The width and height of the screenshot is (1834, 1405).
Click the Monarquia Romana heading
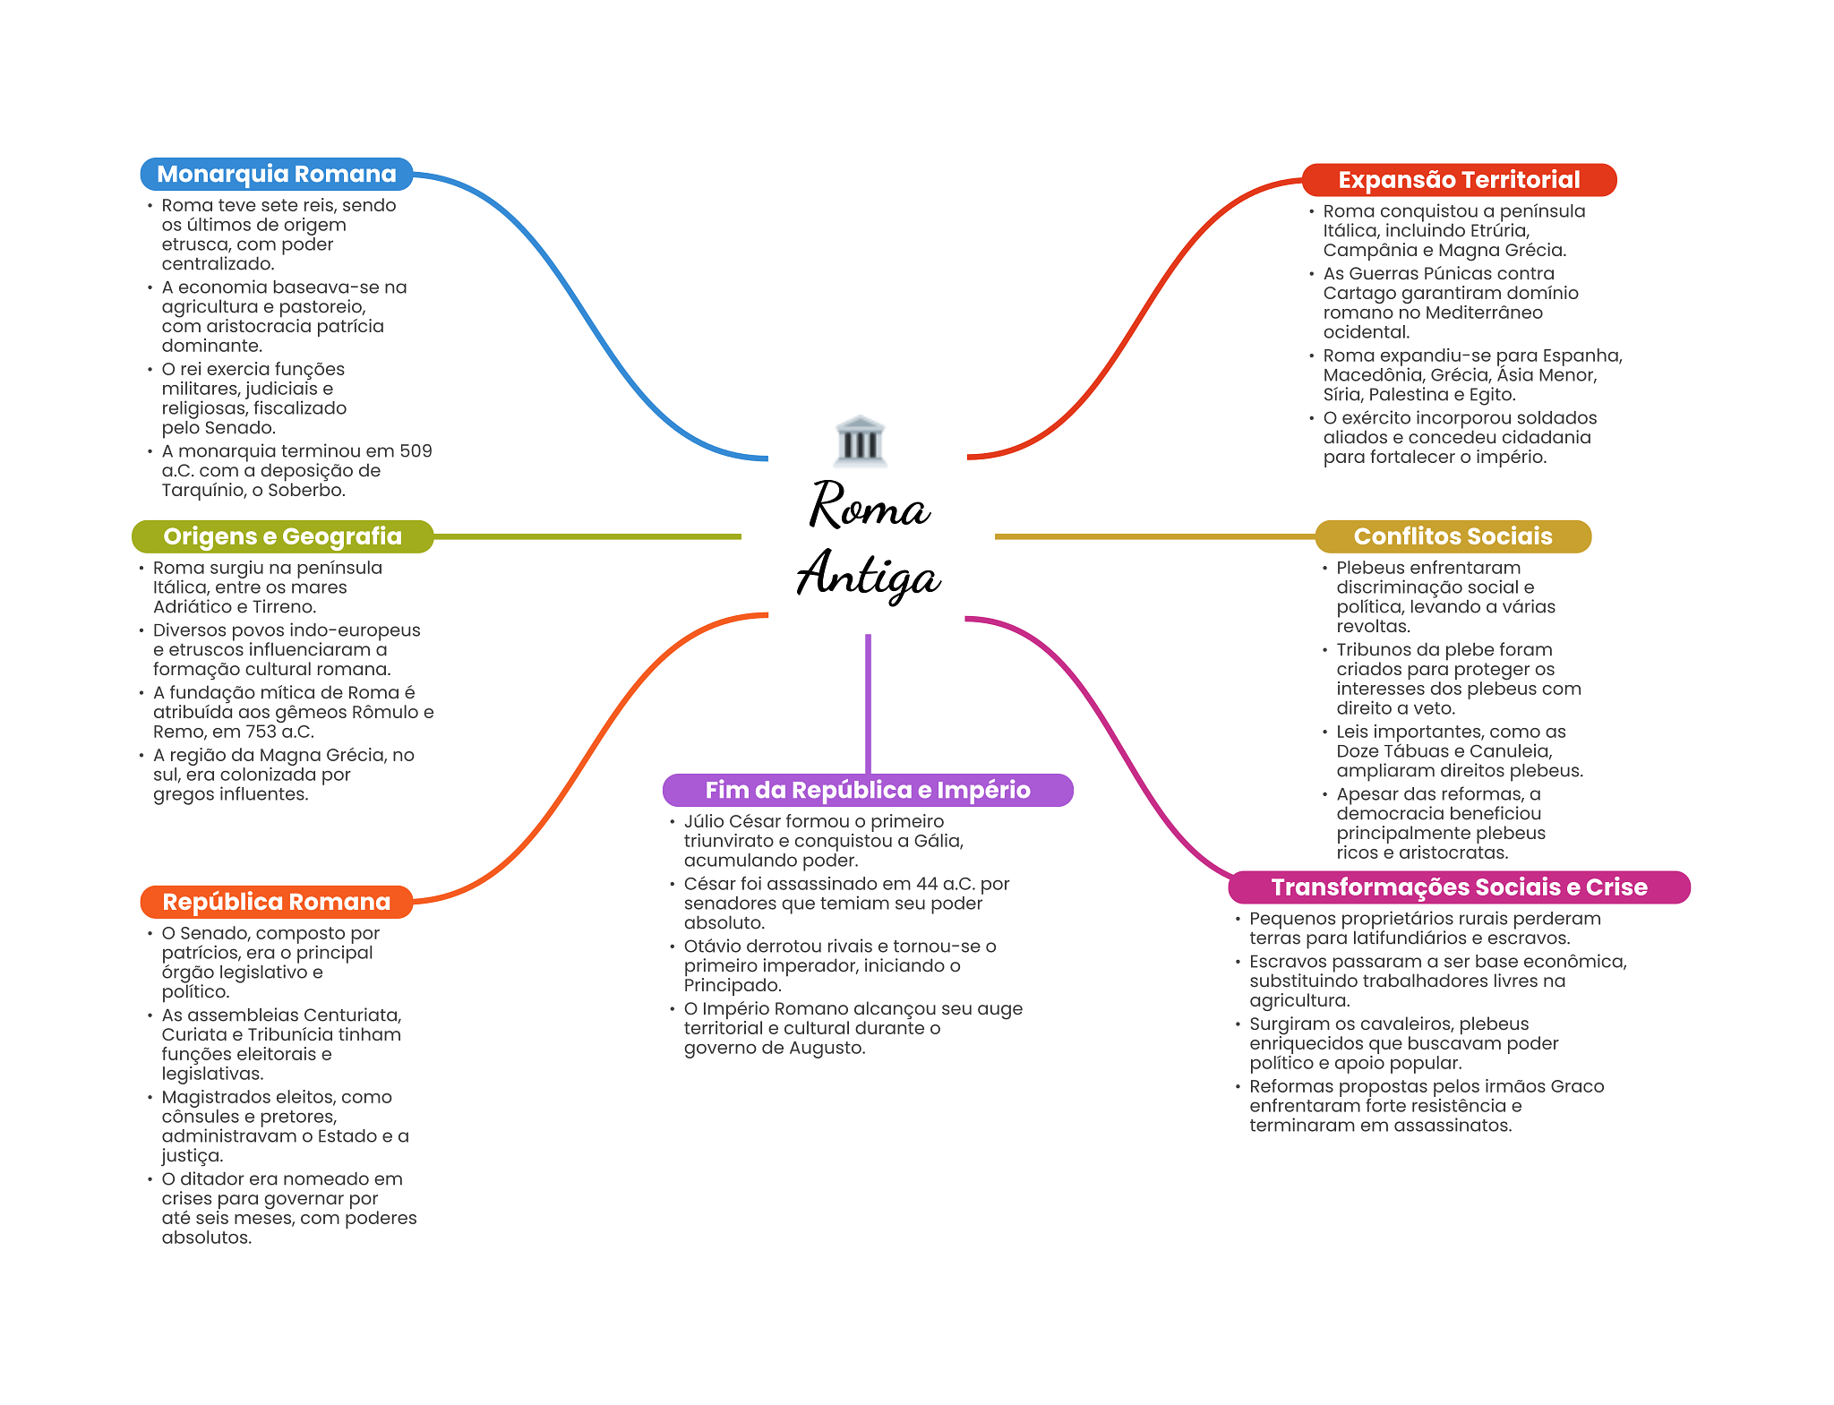(277, 174)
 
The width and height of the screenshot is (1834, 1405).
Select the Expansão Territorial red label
(1459, 180)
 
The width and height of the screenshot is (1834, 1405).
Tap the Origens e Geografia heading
(282, 536)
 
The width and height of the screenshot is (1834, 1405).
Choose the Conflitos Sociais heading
(1453, 536)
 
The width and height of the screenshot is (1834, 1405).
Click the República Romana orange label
(277, 902)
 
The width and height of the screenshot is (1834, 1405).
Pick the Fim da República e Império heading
(868, 790)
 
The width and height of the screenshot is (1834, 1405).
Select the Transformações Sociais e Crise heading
(1459, 887)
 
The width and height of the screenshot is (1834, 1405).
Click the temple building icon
(860, 441)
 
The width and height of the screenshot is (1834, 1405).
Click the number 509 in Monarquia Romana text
(416, 451)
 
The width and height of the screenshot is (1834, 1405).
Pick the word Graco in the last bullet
(1577, 1086)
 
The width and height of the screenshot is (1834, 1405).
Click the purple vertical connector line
(868, 704)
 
